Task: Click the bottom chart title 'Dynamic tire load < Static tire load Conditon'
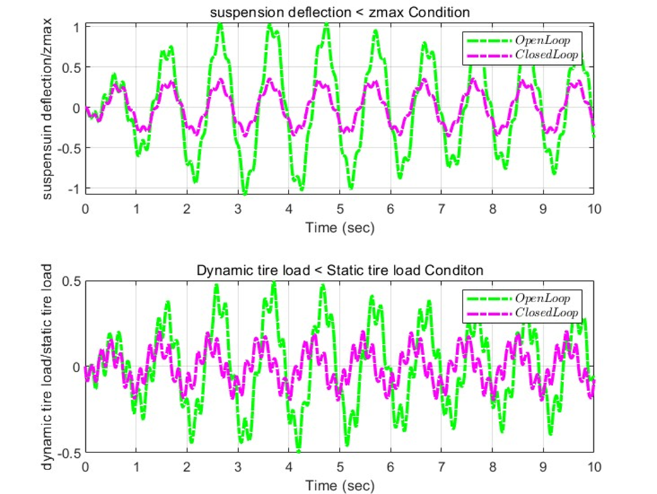pos(340,270)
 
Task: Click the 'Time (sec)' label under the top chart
pos(340,227)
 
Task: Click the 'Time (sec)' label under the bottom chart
pos(340,486)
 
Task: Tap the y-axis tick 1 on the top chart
pos(75,27)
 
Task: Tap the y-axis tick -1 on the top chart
pos(73,189)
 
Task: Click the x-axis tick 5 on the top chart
pos(340,209)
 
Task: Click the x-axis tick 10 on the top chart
pos(594,209)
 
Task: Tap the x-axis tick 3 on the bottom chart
pos(238,468)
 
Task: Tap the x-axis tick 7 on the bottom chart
pos(442,468)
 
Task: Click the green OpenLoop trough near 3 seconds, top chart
pos(244,192)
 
